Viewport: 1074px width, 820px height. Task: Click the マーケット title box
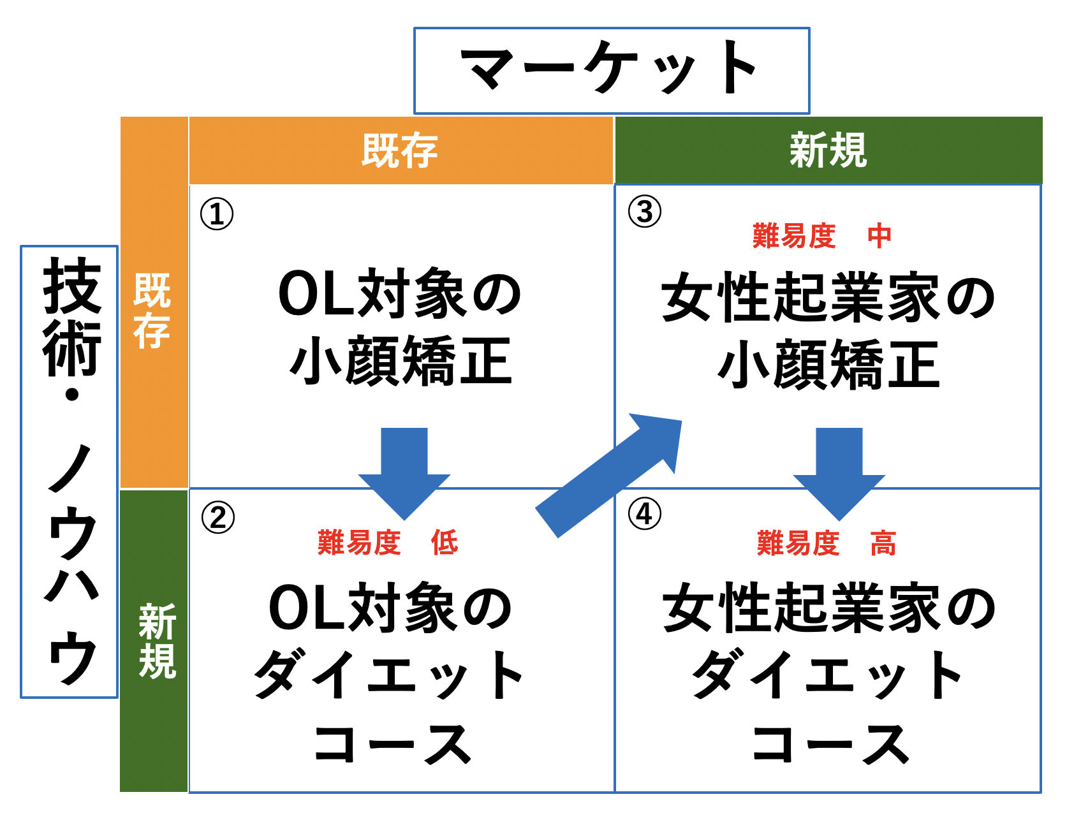tap(612, 71)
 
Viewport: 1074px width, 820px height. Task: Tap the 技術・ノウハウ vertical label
tap(70, 472)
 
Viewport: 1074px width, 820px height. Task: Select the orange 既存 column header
tap(401, 150)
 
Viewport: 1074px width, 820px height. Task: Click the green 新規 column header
tap(828, 150)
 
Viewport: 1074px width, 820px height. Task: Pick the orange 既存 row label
tap(154, 302)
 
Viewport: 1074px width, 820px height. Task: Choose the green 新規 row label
tap(154, 641)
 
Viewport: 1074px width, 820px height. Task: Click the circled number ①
tap(217, 214)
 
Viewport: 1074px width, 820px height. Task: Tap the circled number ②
tap(217, 517)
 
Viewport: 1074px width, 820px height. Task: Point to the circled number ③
tap(644, 212)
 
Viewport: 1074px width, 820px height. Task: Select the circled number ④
tap(644, 514)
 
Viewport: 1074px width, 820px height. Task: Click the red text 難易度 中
tap(822, 236)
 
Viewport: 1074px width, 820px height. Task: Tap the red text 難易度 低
tap(388, 543)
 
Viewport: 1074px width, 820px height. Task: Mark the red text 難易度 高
tap(827, 543)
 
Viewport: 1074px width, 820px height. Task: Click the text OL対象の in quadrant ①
tap(400, 293)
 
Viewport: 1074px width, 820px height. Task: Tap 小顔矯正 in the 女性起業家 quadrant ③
tap(828, 364)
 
